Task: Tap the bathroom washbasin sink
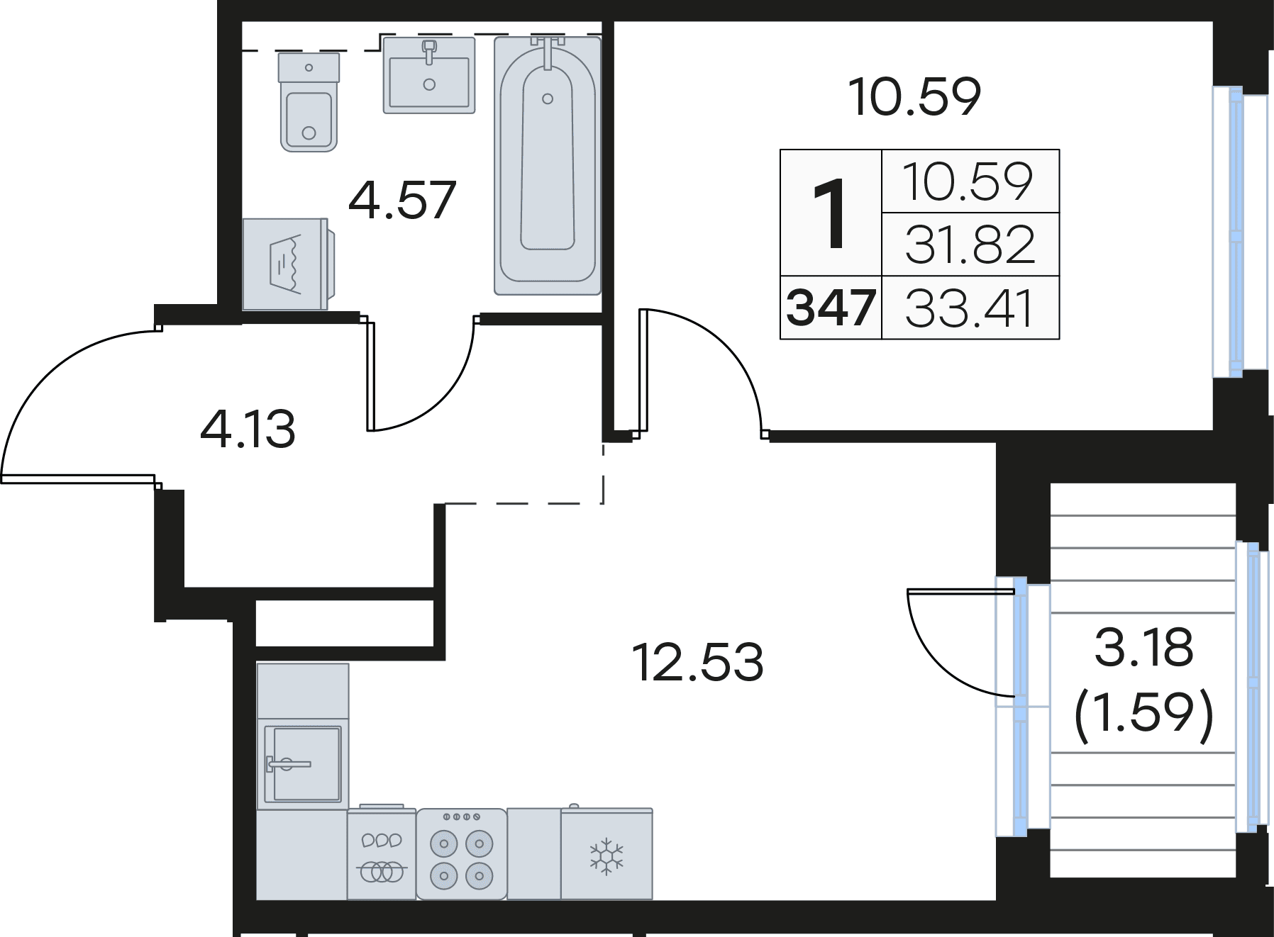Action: (429, 75)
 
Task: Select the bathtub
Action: (548, 166)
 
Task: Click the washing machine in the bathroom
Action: (288, 264)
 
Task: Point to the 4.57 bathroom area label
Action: (401, 200)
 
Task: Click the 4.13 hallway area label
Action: (248, 430)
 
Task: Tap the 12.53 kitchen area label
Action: (697, 662)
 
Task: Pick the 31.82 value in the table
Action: (970, 245)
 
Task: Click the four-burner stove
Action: (462, 854)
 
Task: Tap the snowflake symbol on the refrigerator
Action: (606, 855)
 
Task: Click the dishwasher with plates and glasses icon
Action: (382, 854)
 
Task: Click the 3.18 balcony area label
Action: (1144, 648)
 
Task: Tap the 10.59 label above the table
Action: (915, 97)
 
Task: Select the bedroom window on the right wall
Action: (1236, 232)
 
